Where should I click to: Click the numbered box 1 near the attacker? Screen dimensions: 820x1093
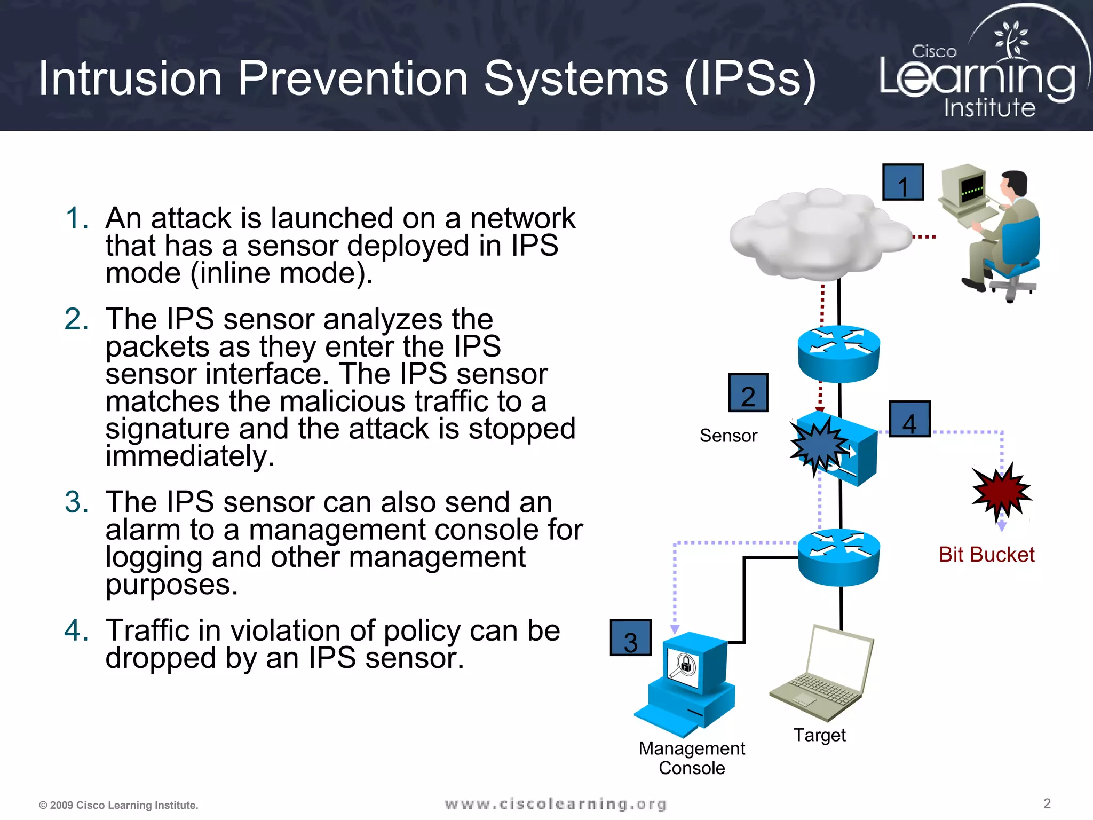pyautogui.click(x=902, y=183)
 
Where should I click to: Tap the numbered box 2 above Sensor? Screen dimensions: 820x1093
pyautogui.click(x=748, y=393)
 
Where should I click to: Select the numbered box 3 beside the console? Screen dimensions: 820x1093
pyautogui.click(x=630, y=638)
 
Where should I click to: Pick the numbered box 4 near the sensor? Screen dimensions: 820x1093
pyautogui.click(x=909, y=420)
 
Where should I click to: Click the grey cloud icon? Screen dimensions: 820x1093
pyautogui.click(x=819, y=235)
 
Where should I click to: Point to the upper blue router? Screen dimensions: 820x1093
pyautogui.click(x=838, y=353)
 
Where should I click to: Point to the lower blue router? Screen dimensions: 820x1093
pyautogui.click(x=838, y=557)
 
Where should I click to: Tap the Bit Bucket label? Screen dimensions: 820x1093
pyautogui.click(x=986, y=555)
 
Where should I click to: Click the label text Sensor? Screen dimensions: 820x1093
pyautogui.click(x=728, y=436)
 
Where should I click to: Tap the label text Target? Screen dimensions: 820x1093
pyautogui.click(x=819, y=735)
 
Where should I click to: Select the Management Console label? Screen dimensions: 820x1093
pyautogui.click(x=692, y=758)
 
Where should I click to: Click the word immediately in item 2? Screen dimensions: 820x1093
pyautogui.click(x=190, y=456)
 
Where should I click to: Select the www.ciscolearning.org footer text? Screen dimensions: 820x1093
pyautogui.click(x=555, y=804)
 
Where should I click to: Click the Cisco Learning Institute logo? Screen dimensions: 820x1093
pyautogui.click(x=979, y=69)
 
